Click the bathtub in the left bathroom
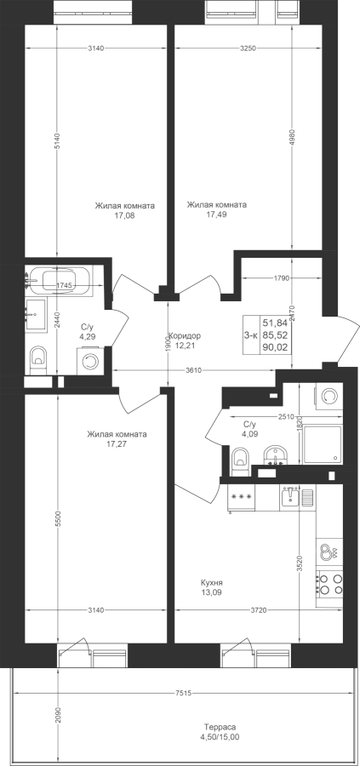(59, 281)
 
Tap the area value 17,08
(124, 214)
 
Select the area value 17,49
(216, 214)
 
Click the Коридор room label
(186, 336)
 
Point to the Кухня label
(212, 583)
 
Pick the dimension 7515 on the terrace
(183, 693)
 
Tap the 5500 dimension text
(58, 519)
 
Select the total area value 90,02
(276, 348)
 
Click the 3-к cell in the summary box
(250, 335)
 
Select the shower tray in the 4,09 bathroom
(323, 445)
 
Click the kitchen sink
(291, 496)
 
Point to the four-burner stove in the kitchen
(329, 583)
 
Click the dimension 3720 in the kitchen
(259, 609)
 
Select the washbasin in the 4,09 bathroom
(275, 454)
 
